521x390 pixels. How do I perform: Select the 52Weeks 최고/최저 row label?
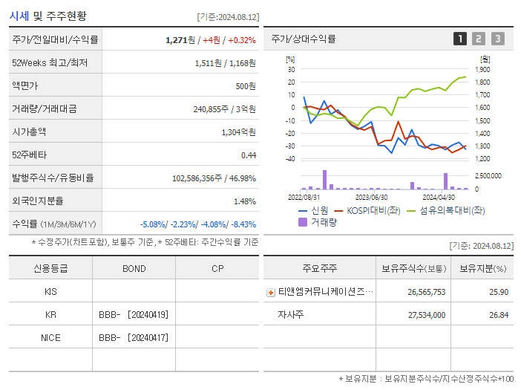pyautogui.click(x=50, y=62)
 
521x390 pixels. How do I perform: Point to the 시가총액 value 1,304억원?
pyautogui.click(x=238, y=131)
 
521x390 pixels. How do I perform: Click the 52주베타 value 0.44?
pyautogui.click(x=248, y=155)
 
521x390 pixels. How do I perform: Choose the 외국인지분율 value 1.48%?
pyautogui.click(x=244, y=201)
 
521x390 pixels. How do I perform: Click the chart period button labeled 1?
pyautogui.click(x=460, y=39)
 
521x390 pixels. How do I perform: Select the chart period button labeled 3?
pyautogui.click(x=497, y=39)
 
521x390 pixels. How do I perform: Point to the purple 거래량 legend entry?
pyautogui.click(x=320, y=221)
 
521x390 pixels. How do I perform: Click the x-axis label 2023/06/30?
pyautogui.click(x=371, y=198)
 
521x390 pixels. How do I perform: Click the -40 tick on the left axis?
pyautogui.click(x=290, y=158)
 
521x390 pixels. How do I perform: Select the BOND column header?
pyautogui.click(x=134, y=269)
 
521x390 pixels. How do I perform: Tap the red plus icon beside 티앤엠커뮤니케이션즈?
pyautogui.click(x=271, y=293)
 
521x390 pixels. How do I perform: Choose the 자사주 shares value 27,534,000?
pyautogui.click(x=426, y=315)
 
